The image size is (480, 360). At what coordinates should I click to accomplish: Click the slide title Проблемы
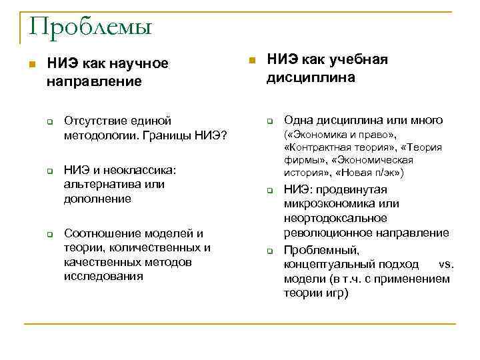[x=91, y=28]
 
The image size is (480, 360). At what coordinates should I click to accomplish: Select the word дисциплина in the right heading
[x=311, y=78]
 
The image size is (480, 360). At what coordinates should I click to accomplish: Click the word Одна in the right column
[x=299, y=121]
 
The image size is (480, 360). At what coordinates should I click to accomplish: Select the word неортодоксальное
[x=335, y=218]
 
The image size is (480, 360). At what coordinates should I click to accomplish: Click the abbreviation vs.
[x=445, y=264]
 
